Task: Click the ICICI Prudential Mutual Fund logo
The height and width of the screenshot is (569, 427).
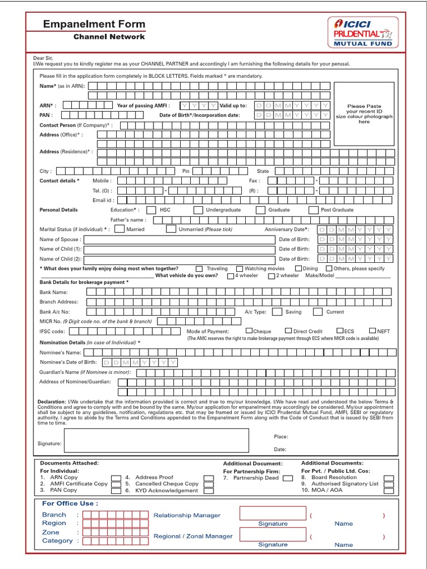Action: click(363, 32)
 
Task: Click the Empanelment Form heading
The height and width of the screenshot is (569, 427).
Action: click(94, 24)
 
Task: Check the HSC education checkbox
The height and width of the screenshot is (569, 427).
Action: click(150, 210)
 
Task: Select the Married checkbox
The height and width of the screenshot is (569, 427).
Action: click(119, 229)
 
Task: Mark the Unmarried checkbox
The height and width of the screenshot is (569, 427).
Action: click(171, 229)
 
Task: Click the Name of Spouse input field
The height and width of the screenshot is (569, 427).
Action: click(180, 239)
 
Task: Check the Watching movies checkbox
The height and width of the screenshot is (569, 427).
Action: click(240, 269)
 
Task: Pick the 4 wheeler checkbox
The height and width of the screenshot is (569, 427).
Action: click(231, 276)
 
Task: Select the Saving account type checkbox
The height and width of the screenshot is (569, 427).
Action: click(277, 312)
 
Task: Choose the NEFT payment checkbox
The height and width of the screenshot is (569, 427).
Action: click(373, 331)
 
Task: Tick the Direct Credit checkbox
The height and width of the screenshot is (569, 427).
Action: click(289, 331)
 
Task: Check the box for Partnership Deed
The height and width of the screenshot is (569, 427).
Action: click(287, 478)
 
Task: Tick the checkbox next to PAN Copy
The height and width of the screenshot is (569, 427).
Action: click(116, 491)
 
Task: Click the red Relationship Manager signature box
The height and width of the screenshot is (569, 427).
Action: click(272, 513)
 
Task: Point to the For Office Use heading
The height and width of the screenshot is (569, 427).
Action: click(70, 503)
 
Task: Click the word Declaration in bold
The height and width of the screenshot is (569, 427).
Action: click(51, 402)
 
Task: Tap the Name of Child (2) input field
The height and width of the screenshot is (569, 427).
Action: click(180, 259)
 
